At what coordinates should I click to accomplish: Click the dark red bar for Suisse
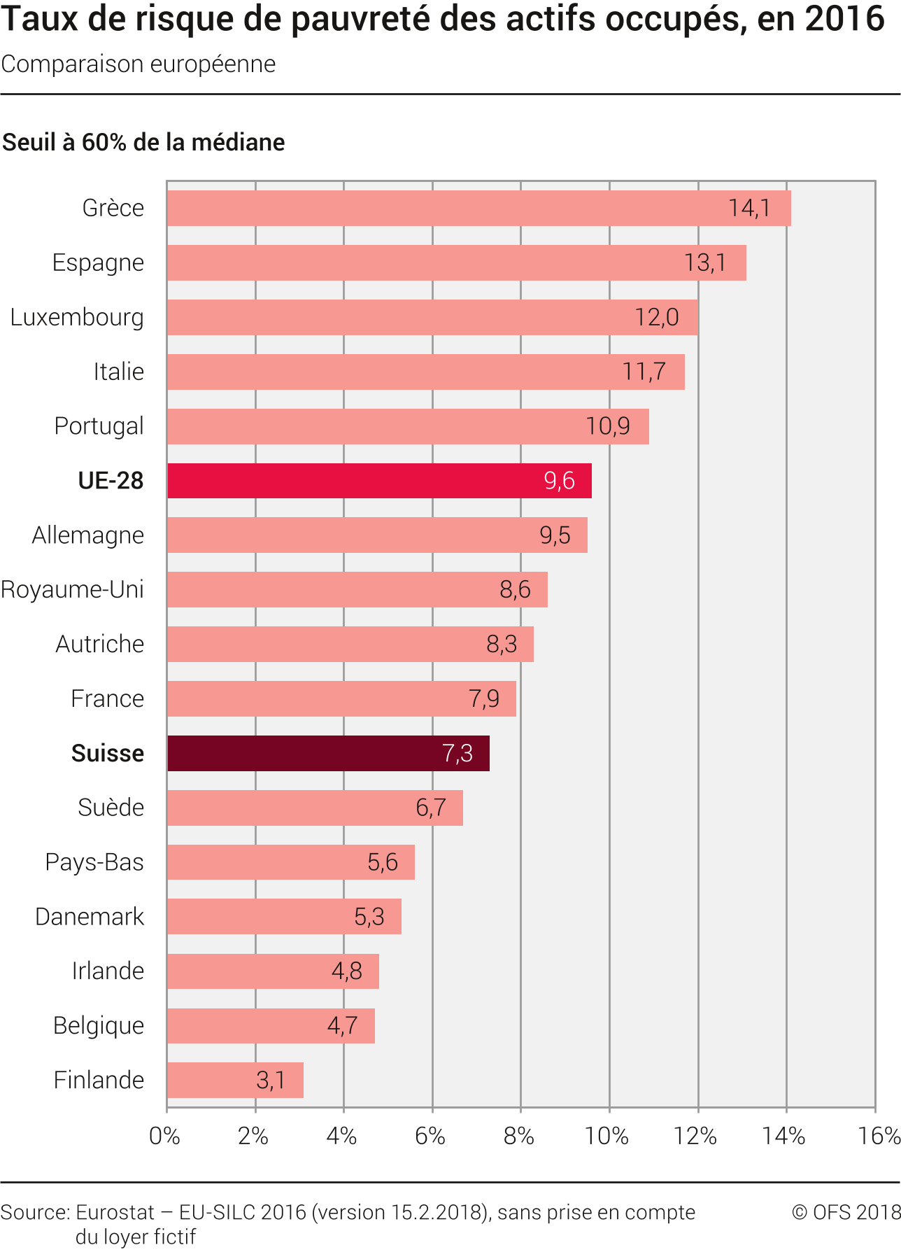tap(328, 753)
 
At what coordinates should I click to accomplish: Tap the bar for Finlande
tap(235, 1080)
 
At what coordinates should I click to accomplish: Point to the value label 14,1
tap(749, 208)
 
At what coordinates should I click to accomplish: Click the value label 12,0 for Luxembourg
tap(656, 317)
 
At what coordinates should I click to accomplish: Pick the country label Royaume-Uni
tap(73, 589)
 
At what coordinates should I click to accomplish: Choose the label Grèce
tap(113, 208)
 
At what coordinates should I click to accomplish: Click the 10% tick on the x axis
tap(607, 1136)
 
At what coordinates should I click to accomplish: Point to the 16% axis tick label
tap(879, 1136)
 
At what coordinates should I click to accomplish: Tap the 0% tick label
tap(165, 1136)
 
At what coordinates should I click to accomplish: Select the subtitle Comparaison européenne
tap(139, 64)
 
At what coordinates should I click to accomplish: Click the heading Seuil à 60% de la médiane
tap(143, 142)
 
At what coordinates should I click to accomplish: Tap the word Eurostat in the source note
tap(115, 1212)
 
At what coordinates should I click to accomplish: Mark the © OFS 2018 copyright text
tap(846, 1212)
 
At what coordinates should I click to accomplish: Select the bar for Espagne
tap(456, 262)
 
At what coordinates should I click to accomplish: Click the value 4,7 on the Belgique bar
tap(342, 1025)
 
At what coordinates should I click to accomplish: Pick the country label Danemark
tap(90, 916)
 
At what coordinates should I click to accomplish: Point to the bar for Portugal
tap(408, 426)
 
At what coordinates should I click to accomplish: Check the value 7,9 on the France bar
tap(484, 698)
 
